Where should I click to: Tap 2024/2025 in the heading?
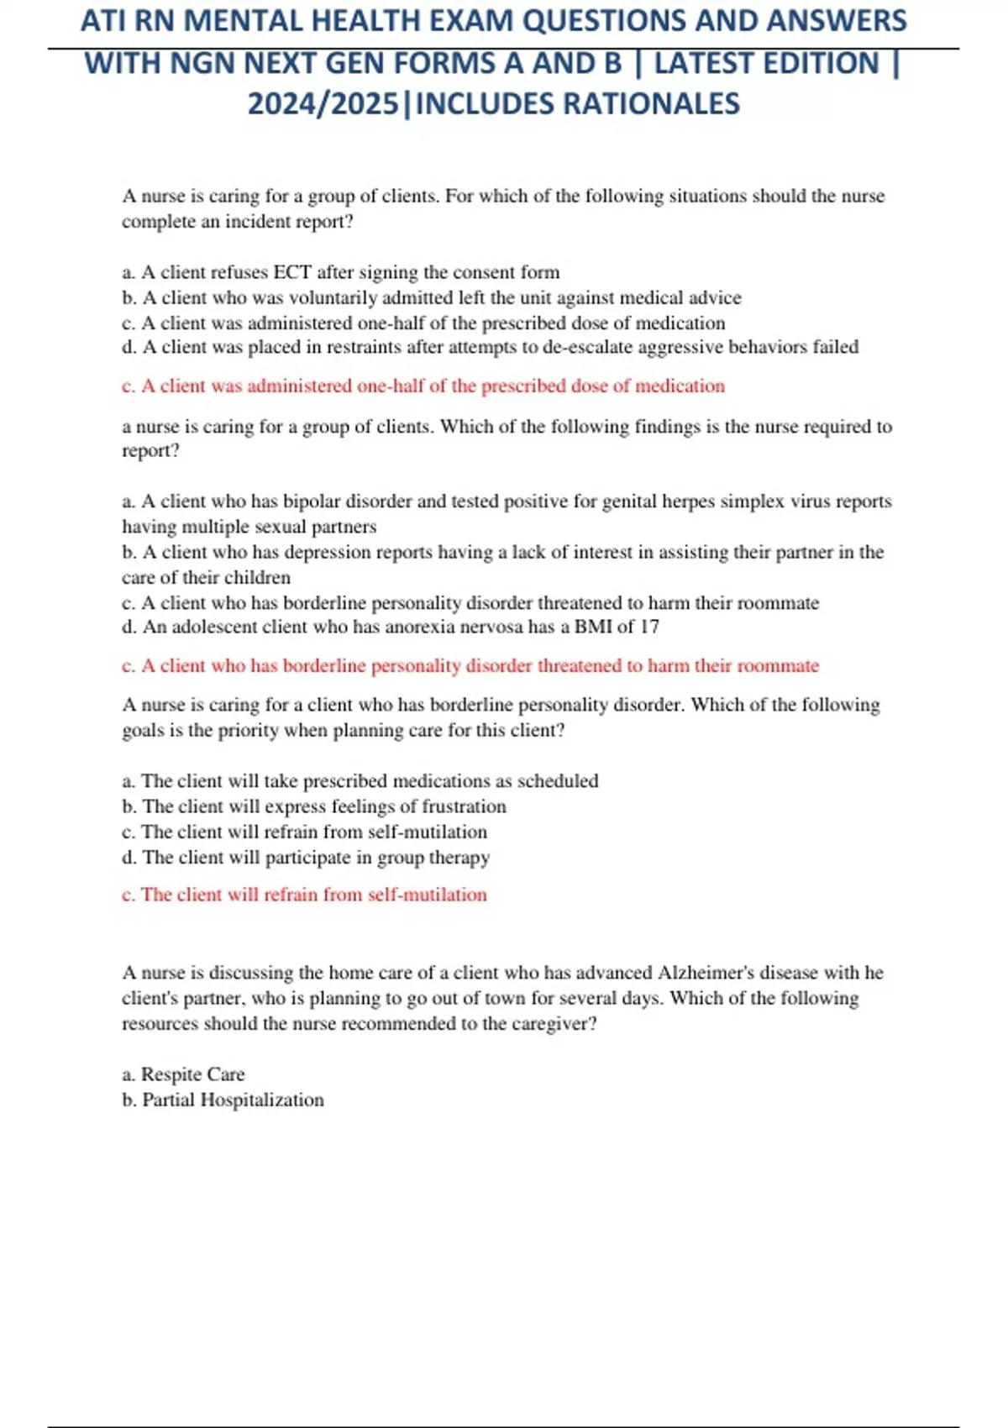pyautogui.click(x=323, y=104)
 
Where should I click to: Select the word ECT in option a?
pyautogui.click(x=292, y=272)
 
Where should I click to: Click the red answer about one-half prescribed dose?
pyautogui.click(x=423, y=386)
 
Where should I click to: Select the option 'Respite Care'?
pyautogui.click(x=192, y=1074)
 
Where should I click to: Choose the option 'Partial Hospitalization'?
pyautogui.click(x=233, y=1100)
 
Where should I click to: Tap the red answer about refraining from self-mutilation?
pyautogui.click(x=304, y=895)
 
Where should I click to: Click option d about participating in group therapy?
pyautogui.click(x=306, y=858)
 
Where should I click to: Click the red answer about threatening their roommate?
pyautogui.click(x=470, y=666)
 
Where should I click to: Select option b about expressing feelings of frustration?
pyautogui.click(x=314, y=806)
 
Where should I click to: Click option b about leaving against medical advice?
pyautogui.click(x=432, y=297)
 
